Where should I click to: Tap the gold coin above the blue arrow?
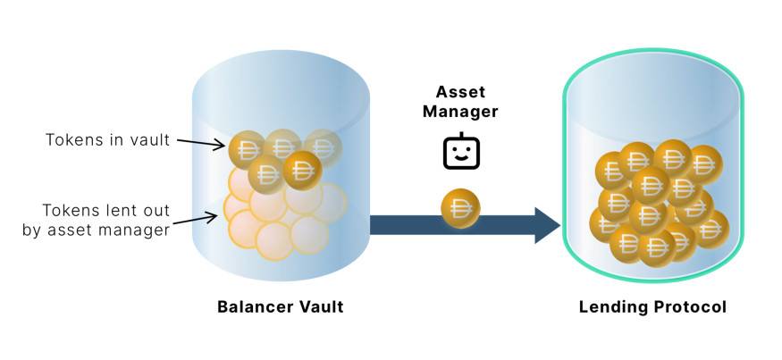(x=461, y=209)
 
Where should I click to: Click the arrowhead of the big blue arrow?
(x=546, y=224)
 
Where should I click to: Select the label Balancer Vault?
(x=280, y=307)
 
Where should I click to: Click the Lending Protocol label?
(x=652, y=307)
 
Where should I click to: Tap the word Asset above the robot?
(x=461, y=92)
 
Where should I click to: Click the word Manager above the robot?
(x=461, y=112)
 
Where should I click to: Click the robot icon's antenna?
(x=461, y=136)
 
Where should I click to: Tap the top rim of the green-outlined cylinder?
(x=652, y=74)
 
